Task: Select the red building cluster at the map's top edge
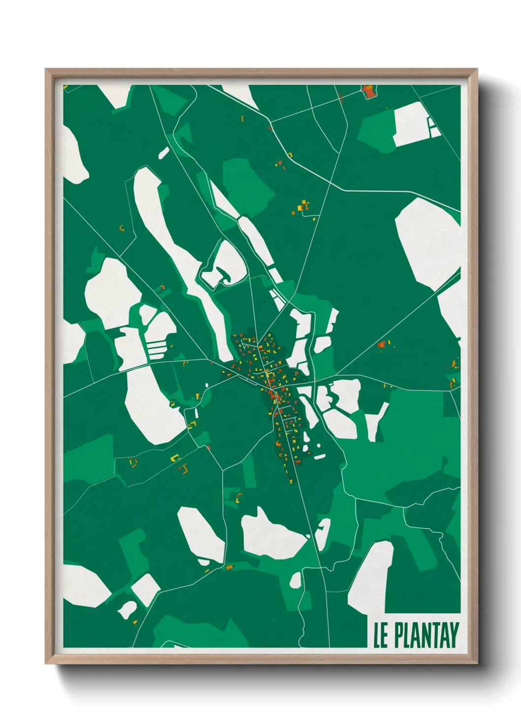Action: click(x=368, y=91)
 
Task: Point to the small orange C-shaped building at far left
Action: click(x=122, y=228)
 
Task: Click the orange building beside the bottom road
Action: click(x=228, y=567)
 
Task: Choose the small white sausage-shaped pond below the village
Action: click(x=320, y=457)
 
